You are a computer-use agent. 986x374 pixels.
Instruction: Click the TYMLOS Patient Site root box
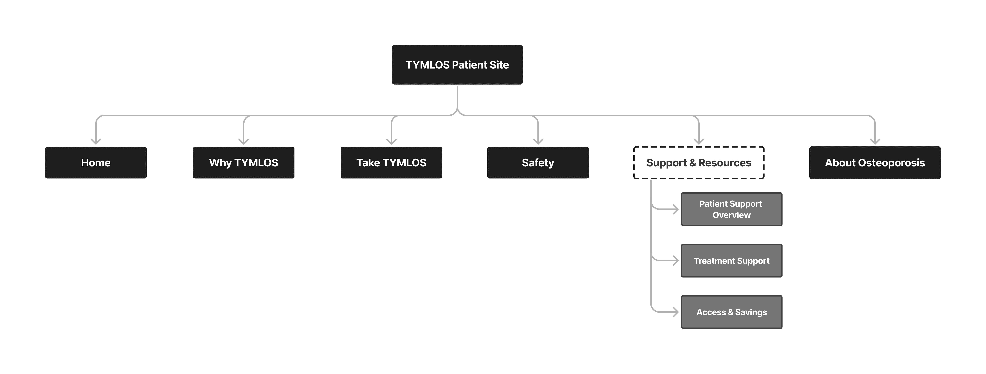457,65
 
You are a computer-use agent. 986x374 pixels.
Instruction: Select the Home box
96,163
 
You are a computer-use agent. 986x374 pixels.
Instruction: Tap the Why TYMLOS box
244,163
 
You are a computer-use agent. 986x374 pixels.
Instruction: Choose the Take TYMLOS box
391,163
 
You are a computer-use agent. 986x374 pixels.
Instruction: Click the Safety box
538,163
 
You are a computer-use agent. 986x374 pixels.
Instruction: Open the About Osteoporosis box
875,163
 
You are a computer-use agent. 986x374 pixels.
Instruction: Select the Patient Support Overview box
731,209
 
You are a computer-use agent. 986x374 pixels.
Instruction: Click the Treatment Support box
731,260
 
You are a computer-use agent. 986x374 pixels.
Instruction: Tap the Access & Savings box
731,312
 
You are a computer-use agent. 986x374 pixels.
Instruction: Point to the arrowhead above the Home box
96,142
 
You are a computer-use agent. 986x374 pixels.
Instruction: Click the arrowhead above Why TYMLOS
244,142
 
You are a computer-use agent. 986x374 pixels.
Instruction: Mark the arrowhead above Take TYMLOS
391,142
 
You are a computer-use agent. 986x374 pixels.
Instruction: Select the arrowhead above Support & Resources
699,142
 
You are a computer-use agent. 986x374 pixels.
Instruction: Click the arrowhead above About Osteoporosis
875,142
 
